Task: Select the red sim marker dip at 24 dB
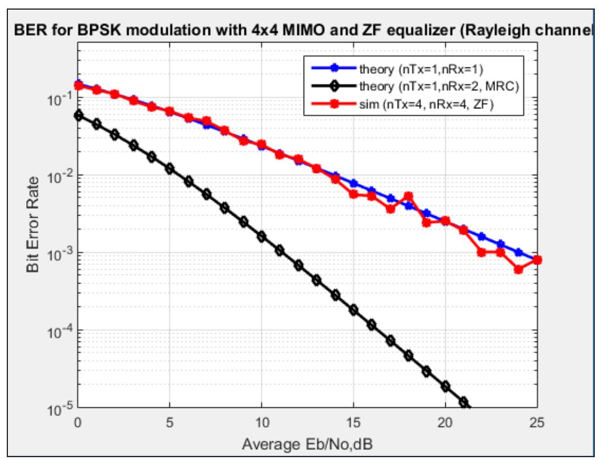pos(519,269)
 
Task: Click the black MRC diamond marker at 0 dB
pos(78,115)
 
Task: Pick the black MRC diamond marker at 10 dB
pos(262,236)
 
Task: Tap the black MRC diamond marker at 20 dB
pos(445,386)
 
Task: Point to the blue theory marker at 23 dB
pos(500,244)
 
